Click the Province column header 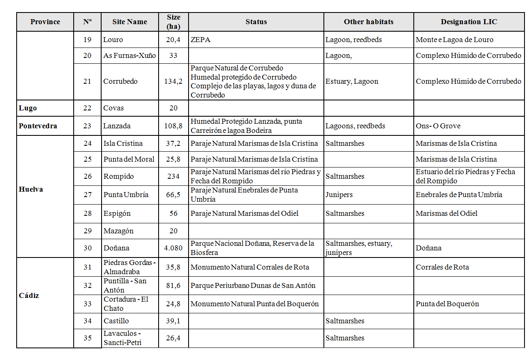pos(45,22)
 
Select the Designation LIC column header pos(469,22)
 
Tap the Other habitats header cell pos(368,22)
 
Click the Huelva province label pos(31,189)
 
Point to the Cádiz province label pos(29,295)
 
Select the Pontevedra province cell pos(38,126)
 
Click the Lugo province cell pos(28,108)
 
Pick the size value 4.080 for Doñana pos(173,248)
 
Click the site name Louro pos(113,40)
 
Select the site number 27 pos(87,195)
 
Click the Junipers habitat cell pos(339,195)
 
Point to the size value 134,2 pos(173,81)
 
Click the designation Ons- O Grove pos(438,126)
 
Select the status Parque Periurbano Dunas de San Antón pos(253,285)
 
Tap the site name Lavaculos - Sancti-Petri pos(123,338)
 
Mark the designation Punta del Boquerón pos(447,304)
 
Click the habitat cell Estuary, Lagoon pos(352,81)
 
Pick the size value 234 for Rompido pos(173,176)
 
